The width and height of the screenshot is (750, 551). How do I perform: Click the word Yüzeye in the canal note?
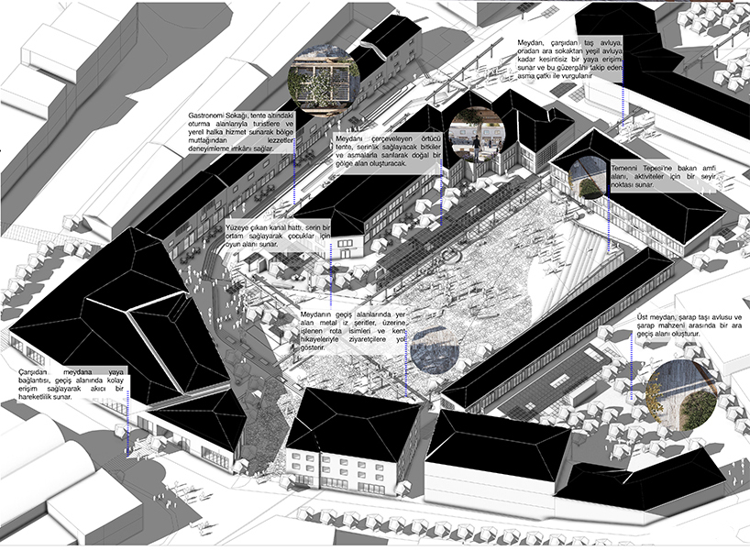pyautogui.click(x=239, y=227)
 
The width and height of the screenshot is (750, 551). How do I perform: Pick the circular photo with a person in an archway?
pyautogui.click(x=478, y=133)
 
